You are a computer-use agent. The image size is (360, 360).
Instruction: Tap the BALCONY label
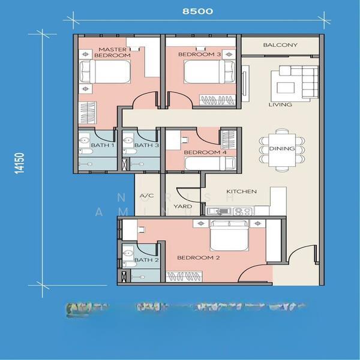[x=280, y=45]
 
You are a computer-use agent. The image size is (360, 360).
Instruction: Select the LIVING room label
[x=280, y=104]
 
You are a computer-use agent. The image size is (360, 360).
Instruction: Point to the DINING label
[x=282, y=148]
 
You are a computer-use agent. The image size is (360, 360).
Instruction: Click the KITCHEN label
[x=241, y=191]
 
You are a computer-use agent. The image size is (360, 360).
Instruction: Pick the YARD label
[x=182, y=206]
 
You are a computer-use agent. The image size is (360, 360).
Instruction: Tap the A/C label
[x=146, y=196]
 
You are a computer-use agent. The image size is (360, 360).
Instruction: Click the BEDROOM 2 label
[x=199, y=257]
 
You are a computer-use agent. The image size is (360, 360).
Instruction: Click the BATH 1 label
[x=99, y=145]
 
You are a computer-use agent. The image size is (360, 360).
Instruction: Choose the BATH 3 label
[x=146, y=145]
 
